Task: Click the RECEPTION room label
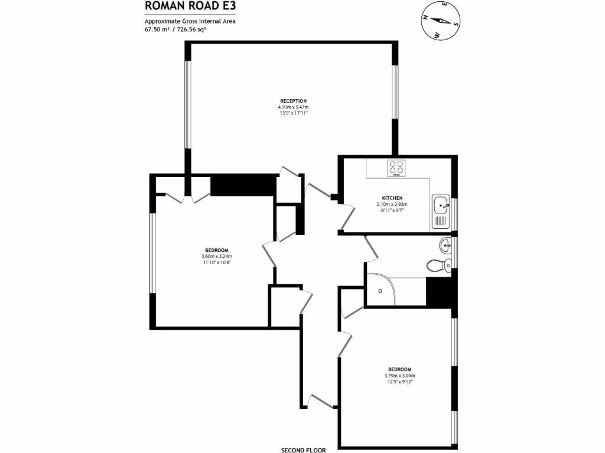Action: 293,101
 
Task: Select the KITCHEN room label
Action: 392,198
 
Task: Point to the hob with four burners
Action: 396,168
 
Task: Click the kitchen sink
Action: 441,205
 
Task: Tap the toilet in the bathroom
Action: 440,265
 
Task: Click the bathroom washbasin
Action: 445,245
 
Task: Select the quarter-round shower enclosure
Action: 382,290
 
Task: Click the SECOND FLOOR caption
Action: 303,450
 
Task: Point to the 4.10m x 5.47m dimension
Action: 293,107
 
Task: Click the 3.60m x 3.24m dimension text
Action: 217,257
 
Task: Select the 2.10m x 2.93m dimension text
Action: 392,204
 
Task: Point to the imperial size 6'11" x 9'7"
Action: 392,210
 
